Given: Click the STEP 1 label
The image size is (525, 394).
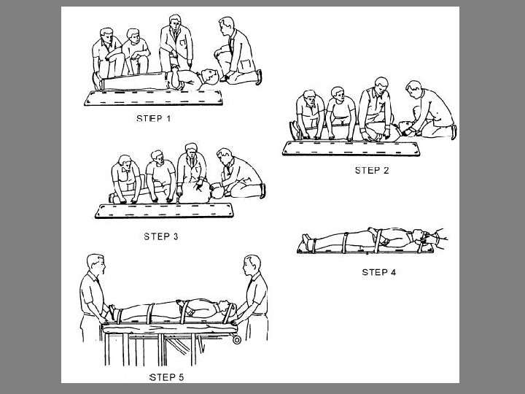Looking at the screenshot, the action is pos(154,119).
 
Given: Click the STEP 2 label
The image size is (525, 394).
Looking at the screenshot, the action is pos(372,171).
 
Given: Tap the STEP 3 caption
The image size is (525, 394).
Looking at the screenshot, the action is pos(161,236).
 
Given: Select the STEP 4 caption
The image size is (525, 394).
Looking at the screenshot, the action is pos(379,272).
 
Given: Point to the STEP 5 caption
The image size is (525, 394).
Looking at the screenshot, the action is pos(166,377).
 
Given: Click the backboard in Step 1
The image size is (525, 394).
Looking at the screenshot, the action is pos(153,98).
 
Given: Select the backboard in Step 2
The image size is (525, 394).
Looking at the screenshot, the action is pos(351,148).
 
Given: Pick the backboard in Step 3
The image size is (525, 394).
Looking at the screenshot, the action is pos(164,211).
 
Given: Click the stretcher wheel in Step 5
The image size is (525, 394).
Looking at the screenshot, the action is pos(237,340).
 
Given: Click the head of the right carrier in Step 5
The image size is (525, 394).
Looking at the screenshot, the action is pos(252,265).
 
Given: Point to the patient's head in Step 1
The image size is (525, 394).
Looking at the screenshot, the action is pos(210,77).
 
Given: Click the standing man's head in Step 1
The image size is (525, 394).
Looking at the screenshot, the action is pos(175,23).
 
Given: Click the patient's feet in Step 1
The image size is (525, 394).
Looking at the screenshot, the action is pos(97,82).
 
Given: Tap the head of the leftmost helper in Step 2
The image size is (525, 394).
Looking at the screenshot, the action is pos(310,98).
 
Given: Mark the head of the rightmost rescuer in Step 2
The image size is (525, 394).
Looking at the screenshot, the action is pos(414,90).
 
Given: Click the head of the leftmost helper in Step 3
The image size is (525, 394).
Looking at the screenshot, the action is pos(125,162).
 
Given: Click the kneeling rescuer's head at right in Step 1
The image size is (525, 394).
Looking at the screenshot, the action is pos(227,27).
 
